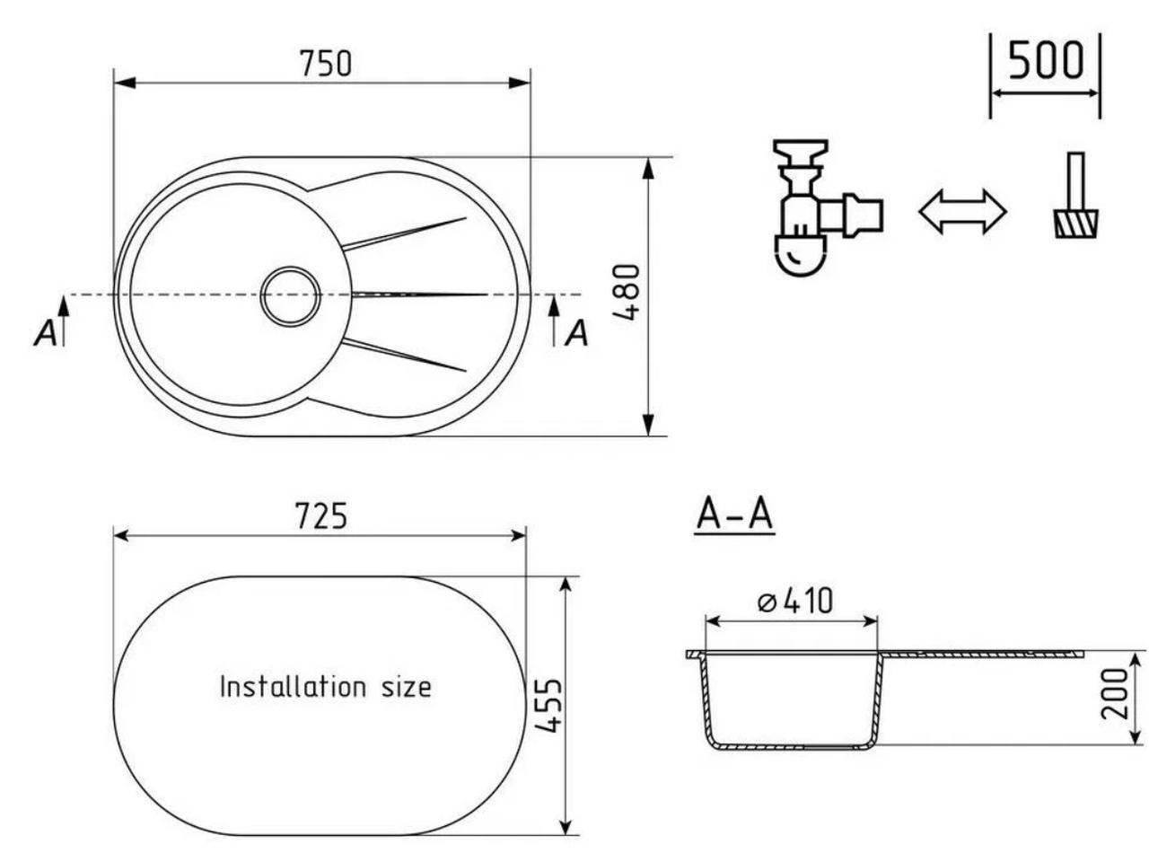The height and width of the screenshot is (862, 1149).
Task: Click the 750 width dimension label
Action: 325,64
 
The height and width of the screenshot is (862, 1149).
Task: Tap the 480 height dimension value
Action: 626,292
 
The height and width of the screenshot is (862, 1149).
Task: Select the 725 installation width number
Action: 320,516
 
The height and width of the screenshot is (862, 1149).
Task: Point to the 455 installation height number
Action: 548,705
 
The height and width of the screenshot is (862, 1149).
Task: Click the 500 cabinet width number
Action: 1046,60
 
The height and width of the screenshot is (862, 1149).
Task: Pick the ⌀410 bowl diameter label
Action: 794,601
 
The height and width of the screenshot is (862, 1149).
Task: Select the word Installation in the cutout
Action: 293,686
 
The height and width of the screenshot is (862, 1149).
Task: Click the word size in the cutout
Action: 407,687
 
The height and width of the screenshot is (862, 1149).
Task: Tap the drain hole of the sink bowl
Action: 291,295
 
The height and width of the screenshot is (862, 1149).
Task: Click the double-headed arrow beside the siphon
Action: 962,211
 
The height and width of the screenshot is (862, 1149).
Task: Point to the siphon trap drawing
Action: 827,207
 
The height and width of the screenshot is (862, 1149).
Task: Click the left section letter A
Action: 46,332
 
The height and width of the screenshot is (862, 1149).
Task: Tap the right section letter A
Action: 576,333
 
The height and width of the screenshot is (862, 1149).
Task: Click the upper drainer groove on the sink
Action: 404,233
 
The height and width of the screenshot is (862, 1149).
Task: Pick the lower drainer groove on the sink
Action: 404,355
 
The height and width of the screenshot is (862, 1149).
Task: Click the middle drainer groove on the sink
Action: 419,295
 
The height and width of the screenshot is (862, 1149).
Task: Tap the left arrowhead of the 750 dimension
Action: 125,83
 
